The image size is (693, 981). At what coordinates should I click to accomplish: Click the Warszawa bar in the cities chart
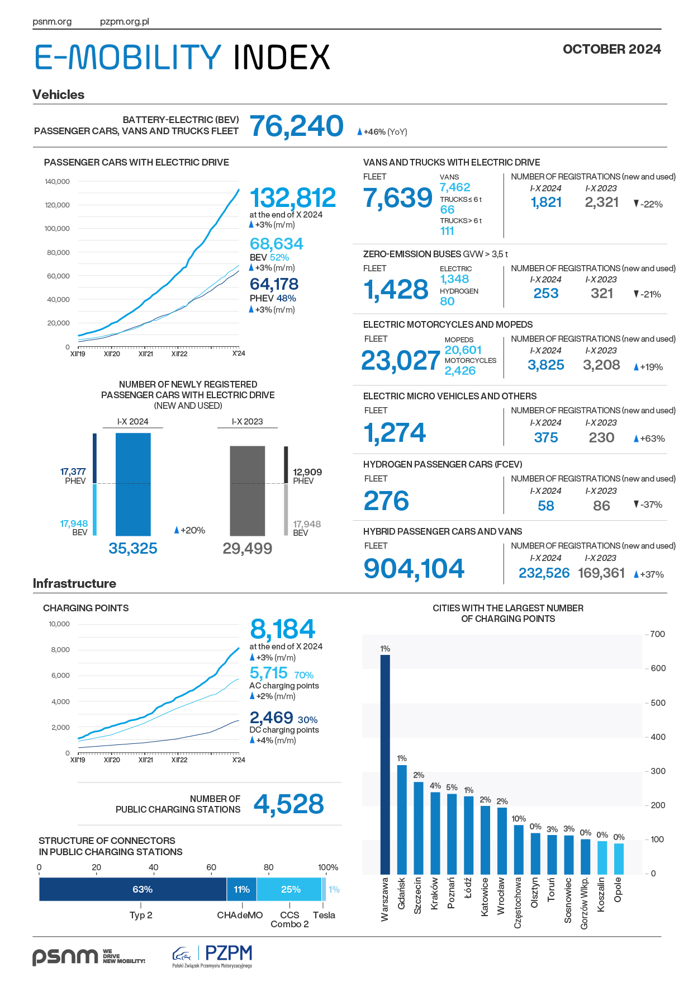pyautogui.click(x=385, y=764)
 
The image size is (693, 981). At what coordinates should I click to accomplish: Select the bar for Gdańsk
pyautogui.click(x=402, y=819)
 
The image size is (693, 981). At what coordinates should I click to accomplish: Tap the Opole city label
pyautogui.click(x=618, y=889)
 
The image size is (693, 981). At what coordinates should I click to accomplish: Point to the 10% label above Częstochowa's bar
pyautogui.click(x=519, y=818)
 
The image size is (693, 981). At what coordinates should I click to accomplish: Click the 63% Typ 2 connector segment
pyautogui.click(x=133, y=889)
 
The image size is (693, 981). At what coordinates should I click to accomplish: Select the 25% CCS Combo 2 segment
pyautogui.click(x=289, y=889)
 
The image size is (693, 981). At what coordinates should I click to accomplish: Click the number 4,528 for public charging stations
pyautogui.click(x=289, y=804)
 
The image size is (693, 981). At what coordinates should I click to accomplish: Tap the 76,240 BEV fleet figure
pyautogui.click(x=296, y=126)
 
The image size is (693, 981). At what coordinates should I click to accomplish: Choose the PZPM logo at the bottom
pyautogui.click(x=212, y=956)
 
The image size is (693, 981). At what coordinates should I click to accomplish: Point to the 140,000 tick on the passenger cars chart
pyautogui.click(x=57, y=181)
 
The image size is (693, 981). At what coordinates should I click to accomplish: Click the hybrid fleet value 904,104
pyautogui.click(x=414, y=568)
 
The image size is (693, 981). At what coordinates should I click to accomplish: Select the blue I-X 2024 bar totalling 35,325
pyautogui.click(x=133, y=484)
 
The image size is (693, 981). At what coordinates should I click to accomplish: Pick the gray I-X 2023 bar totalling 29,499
pyautogui.click(x=248, y=490)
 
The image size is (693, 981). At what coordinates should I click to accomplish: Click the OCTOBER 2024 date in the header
pyautogui.click(x=612, y=49)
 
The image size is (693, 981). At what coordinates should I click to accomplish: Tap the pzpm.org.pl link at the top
pyautogui.click(x=125, y=22)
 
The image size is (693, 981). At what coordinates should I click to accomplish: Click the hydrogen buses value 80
pyautogui.click(x=447, y=301)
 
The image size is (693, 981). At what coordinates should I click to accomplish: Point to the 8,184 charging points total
pyautogui.click(x=283, y=629)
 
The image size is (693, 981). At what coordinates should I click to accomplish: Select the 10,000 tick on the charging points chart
pyautogui.click(x=59, y=624)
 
